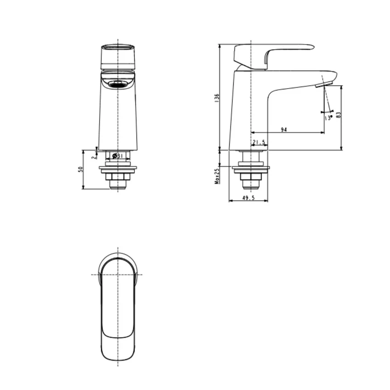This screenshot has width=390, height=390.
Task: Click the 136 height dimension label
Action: point(217,98)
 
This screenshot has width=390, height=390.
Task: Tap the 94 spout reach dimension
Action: point(284,129)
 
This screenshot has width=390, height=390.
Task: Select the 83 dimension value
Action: point(339,115)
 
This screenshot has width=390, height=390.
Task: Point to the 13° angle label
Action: point(329,117)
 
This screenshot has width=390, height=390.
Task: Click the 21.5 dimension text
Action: point(259,142)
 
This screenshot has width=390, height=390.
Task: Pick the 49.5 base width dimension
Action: point(248,198)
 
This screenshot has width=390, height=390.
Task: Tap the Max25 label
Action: point(217,176)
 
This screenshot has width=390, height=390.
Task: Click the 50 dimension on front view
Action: point(80,169)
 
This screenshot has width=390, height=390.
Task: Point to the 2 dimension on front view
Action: point(93,157)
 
